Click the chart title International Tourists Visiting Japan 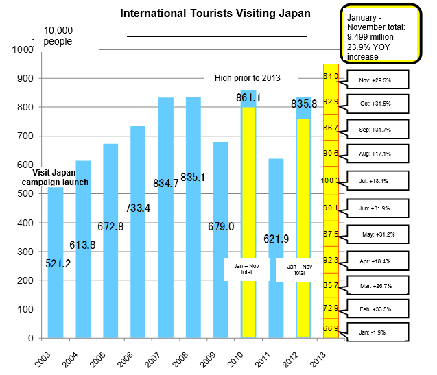[x=215, y=13]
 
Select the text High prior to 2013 [x=248, y=77]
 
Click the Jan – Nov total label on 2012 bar [x=300, y=269]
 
